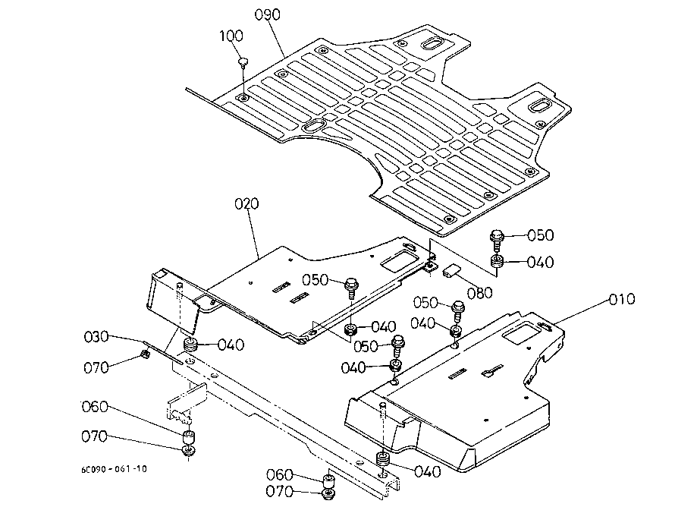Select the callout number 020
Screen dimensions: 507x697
(247, 204)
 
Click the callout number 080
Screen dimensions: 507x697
(480, 292)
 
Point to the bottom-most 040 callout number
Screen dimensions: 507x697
(427, 471)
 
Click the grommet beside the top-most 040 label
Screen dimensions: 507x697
(498, 263)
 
